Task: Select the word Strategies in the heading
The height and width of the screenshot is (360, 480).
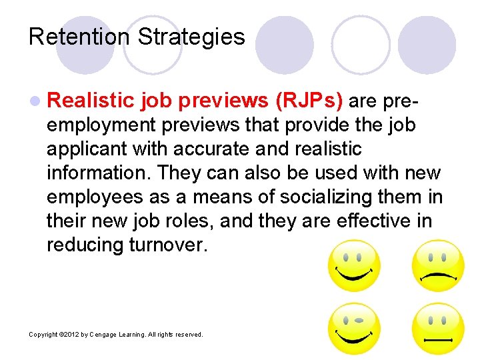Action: pyautogui.click(x=191, y=36)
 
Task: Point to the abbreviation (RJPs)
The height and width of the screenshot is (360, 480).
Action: pyautogui.click(x=309, y=101)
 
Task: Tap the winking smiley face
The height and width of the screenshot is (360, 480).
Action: pyautogui.click(x=353, y=329)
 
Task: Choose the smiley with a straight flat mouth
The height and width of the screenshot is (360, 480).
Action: pyautogui.click(x=437, y=329)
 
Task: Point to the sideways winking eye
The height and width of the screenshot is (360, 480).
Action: pyautogui.click(x=359, y=320)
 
